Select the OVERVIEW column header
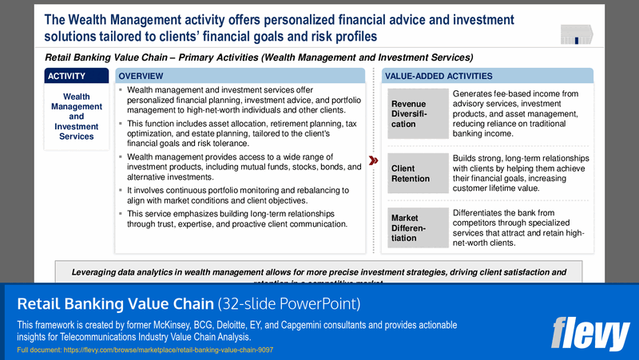[240, 76]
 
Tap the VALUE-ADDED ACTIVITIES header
[487, 76]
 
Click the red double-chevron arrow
[374, 160]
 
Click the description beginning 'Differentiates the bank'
[521, 227]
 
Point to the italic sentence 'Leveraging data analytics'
[319, 272]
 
